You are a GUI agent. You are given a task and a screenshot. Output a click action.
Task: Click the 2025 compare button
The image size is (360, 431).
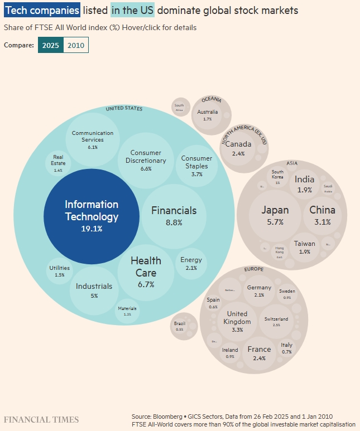51,45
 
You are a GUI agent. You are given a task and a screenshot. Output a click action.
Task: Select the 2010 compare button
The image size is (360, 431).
76,45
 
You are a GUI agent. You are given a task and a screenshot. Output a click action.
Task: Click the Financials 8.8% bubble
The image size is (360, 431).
174,216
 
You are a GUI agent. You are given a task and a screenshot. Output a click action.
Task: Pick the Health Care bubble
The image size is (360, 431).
146,272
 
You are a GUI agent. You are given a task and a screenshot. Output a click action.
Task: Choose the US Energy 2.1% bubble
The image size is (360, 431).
191,264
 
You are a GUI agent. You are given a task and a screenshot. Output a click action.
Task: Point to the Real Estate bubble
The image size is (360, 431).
59,163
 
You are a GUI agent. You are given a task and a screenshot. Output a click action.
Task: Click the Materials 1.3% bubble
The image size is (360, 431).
127,311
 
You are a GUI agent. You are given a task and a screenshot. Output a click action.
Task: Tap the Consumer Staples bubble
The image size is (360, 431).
196,165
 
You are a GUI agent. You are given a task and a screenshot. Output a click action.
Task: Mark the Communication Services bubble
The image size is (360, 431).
93,139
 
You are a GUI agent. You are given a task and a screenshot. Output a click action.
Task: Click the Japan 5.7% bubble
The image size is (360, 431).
276,215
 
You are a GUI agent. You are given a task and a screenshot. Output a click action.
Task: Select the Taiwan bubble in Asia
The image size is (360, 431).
304,247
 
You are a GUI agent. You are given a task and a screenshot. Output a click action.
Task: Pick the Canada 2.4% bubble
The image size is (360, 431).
238,148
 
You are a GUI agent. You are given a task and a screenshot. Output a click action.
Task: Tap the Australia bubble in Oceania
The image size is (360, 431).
208,115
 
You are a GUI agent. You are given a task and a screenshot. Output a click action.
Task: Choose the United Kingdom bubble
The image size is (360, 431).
237,321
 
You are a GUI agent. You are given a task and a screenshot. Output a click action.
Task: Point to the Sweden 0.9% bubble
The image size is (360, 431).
287,294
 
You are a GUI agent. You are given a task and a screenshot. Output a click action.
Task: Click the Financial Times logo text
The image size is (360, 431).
41,419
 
